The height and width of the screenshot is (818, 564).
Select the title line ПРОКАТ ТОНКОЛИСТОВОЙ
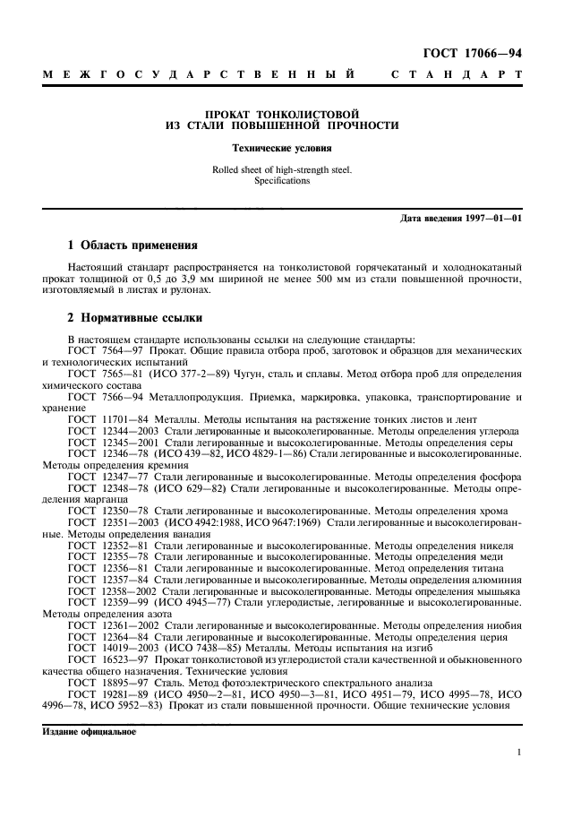pyautogui.click(x=282, y=115)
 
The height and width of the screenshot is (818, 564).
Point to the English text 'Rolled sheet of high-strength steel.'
pyautogui.click(x=282, y=168)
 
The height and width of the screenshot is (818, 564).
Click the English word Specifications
pyautogui.click(x=282, y=180)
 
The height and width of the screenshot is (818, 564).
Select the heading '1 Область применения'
pyautogui.click(x=133, y=245)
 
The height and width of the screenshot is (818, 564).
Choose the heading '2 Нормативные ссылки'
pyautogui.click(x=135, y=317)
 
